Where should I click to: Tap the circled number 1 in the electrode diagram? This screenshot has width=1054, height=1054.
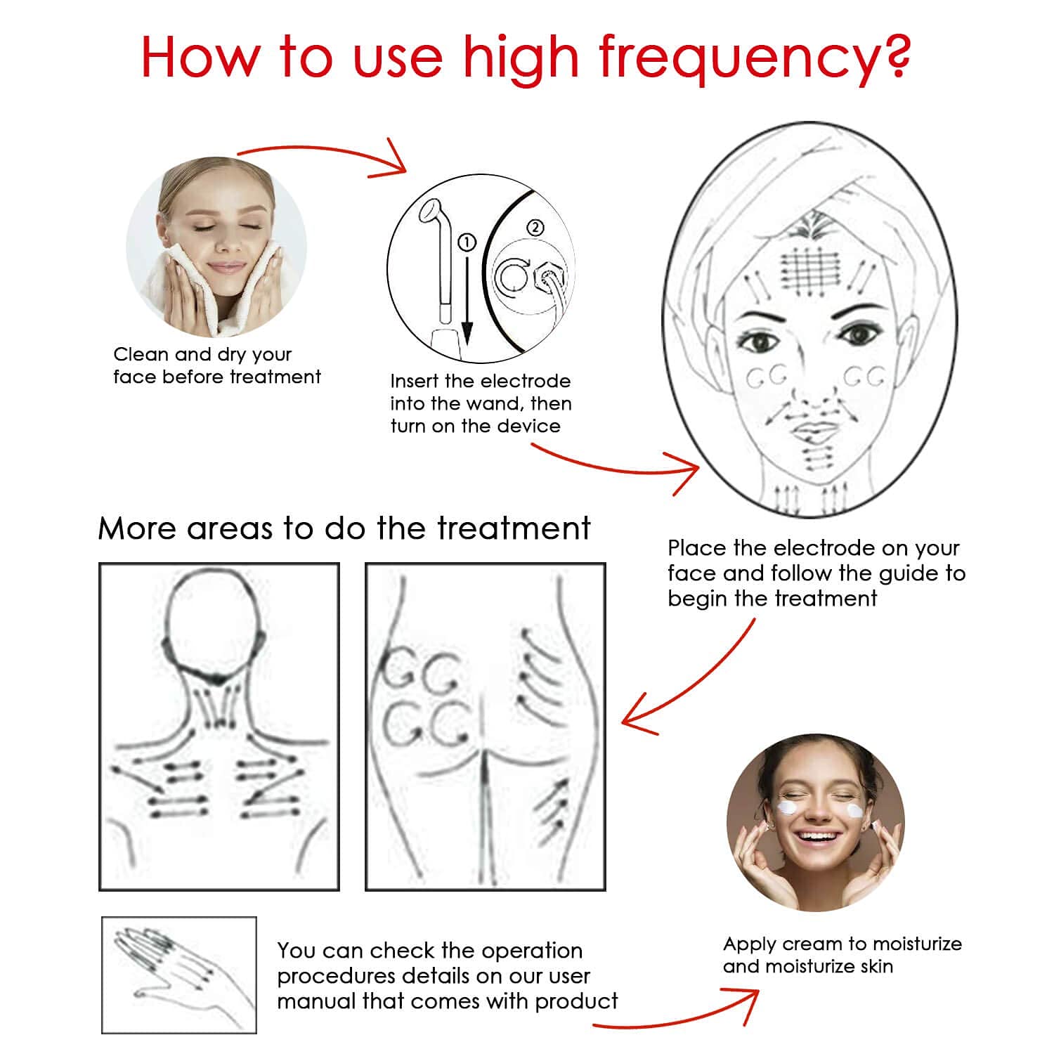[467, 242]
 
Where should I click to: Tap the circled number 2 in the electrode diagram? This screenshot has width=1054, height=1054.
[535, 228]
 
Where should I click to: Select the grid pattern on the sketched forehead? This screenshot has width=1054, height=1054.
[810, 271]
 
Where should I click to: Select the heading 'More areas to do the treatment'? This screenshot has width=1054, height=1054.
[344, 528]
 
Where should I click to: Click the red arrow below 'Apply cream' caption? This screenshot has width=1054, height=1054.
[675, 1015]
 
